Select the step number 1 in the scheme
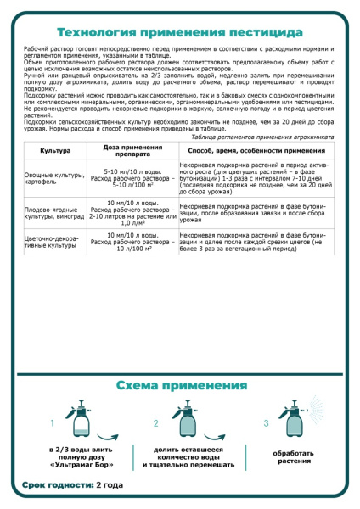[53, 422]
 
